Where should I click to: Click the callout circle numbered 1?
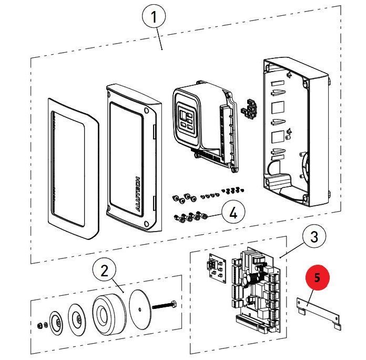point(154,17)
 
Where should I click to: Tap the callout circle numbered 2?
point(104,271)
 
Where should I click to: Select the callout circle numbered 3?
point(314,236)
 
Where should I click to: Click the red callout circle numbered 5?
point(317,277)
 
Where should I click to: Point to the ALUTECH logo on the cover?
point(138,194)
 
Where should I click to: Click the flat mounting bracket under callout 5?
point(318,314)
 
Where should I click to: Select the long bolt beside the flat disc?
point(164,305)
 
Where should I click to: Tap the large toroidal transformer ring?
point(109,314)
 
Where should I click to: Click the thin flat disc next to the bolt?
point(140,309)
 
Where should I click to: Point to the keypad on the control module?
point(186,119)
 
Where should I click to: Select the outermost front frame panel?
point(74,168)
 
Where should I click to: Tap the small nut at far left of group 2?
point(40,325)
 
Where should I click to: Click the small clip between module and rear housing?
point(249,108)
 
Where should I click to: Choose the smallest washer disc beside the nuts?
point(56,323)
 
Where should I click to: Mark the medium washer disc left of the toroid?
point(77,320)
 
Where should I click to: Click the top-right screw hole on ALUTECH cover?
point(147,110)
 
